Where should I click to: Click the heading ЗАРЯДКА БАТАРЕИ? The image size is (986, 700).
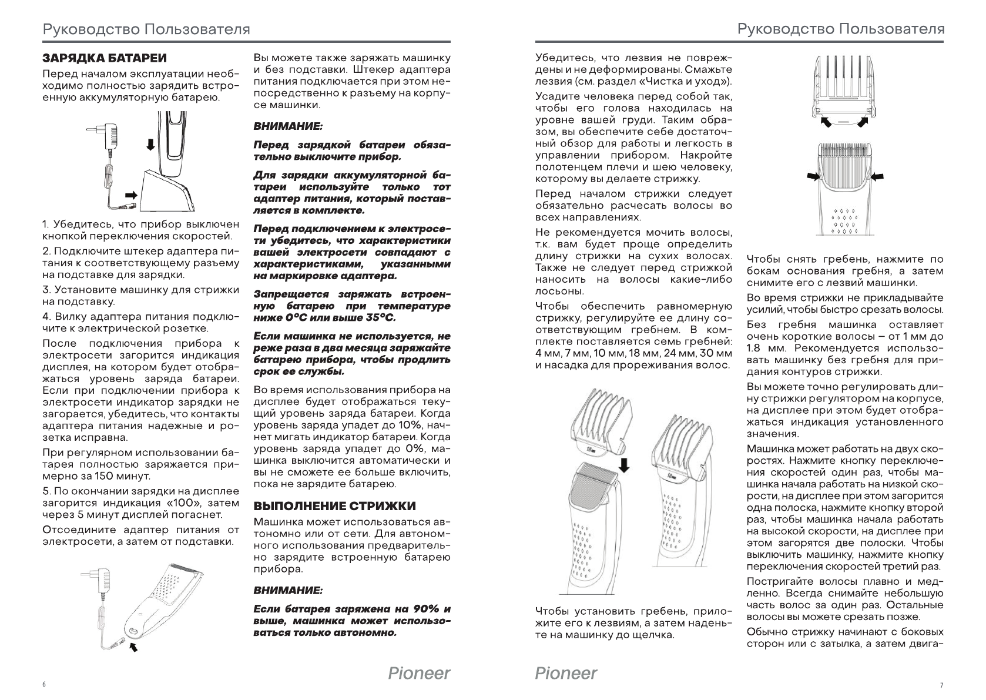click(105, 58)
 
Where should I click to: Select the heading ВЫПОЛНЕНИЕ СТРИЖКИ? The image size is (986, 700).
click(334, 506)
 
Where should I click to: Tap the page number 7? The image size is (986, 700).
click(941, 685)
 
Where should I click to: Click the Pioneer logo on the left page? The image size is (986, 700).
click(419, 672)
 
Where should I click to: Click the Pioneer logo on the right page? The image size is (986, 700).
click(566, 672)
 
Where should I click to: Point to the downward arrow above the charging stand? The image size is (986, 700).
click(151, 145)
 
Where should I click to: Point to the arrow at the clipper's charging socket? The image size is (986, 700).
click(135, 647)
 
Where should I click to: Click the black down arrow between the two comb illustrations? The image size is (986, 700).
click(625, 465)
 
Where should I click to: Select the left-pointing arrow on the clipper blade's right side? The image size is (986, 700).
click(878, 176)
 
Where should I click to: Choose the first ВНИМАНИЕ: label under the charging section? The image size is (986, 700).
click(288, 126)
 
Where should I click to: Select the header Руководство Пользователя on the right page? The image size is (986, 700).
click(841, 29)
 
